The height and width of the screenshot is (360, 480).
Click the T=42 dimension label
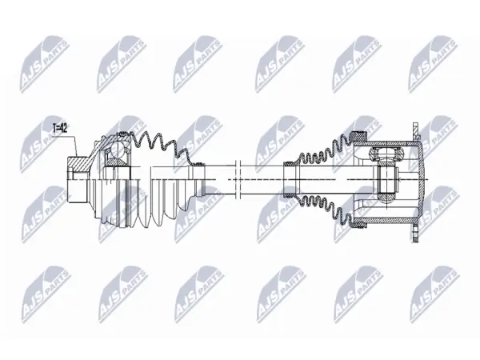click(60, 129)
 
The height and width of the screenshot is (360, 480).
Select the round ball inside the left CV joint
click(117, 150)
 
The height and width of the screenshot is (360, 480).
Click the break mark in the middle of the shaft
click(238, 179)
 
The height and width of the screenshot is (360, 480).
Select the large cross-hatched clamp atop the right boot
click(359, 134)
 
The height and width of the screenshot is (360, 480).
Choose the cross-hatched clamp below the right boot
click(359, 224)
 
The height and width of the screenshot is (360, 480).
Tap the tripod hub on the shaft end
click(386, 178)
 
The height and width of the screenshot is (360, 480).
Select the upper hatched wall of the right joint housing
click(387, 143)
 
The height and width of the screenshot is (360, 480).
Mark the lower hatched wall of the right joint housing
click(387, 219)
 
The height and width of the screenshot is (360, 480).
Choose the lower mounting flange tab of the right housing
click(415, 234)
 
